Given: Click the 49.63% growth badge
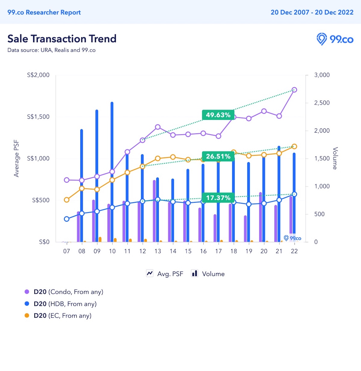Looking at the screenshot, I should pos(218,115).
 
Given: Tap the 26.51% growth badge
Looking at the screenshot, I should pos(218,156).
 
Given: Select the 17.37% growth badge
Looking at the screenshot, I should pos(218,198).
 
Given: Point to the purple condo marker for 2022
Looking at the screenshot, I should pos(294,90).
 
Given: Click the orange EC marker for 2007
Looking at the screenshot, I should pos(67,200).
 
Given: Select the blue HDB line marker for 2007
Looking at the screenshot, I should pos(67,219).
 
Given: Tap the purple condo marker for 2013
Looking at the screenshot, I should pos(158,127).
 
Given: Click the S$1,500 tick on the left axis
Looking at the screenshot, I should pos(38,117).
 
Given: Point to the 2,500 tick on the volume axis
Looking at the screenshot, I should pos(322,103).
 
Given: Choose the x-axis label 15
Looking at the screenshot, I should pos(188,251).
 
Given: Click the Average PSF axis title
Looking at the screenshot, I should pos(16,159).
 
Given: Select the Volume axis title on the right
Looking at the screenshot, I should pos(335,158).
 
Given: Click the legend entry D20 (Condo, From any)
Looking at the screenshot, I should pos(68,292).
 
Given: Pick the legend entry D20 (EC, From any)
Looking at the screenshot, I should pos(62,316).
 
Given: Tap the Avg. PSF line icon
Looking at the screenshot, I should pos(150,273).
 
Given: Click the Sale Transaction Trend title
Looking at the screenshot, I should pos(62,39).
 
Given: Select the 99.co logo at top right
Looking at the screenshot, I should pos(335,39).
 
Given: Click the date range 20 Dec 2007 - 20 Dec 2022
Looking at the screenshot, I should pos(312,12).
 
